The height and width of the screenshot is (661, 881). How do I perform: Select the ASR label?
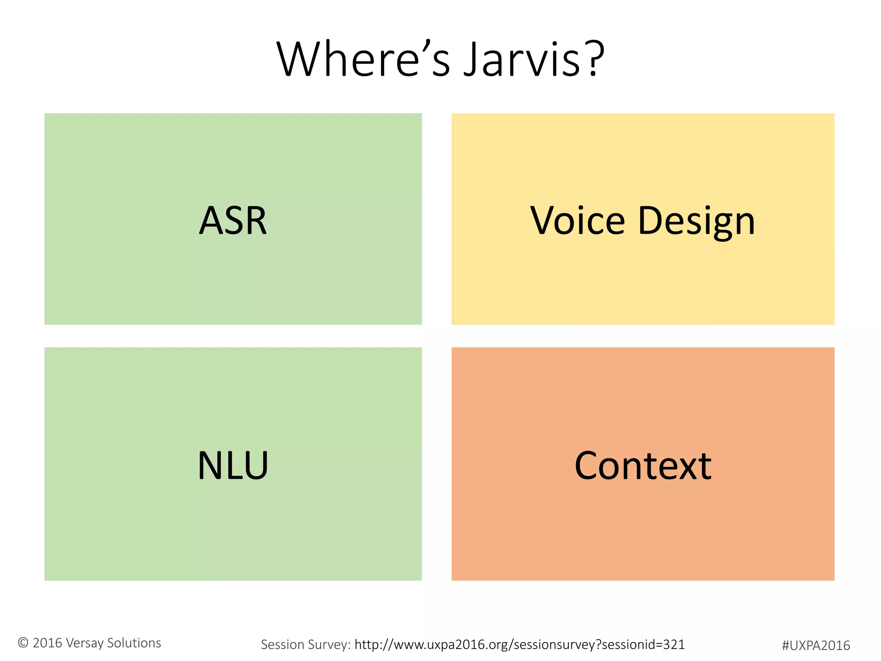pyautogui.click(x=233, y=220)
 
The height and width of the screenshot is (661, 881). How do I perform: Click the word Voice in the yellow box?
pyautogui.click(x=577, y=220)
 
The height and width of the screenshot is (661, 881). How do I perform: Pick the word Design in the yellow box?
pyautogui.click(x=696, y=221)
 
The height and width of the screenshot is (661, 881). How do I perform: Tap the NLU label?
pyautogui.click(x=233, y=465)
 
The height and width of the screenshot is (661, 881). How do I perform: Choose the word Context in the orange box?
pyautogui.click(x=643, y=466)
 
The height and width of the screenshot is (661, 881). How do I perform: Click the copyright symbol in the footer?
pyautogui.click(x=23, y=642)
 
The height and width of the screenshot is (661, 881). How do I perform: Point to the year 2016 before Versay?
pyautogui.click(x=47, y=643)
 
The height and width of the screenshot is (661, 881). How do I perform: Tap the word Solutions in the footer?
pyautogui.click(x=134, y=643)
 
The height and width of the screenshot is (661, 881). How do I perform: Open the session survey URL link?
pyautogui.click(x=519, y=645)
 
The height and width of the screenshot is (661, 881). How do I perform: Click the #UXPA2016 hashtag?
pyautogui.click(x=816, y=646)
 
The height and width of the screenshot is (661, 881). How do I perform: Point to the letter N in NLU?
pyautogui.click(x=209, y=465)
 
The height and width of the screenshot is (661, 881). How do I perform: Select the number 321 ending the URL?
pyautogui.click(x=674, y=644)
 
